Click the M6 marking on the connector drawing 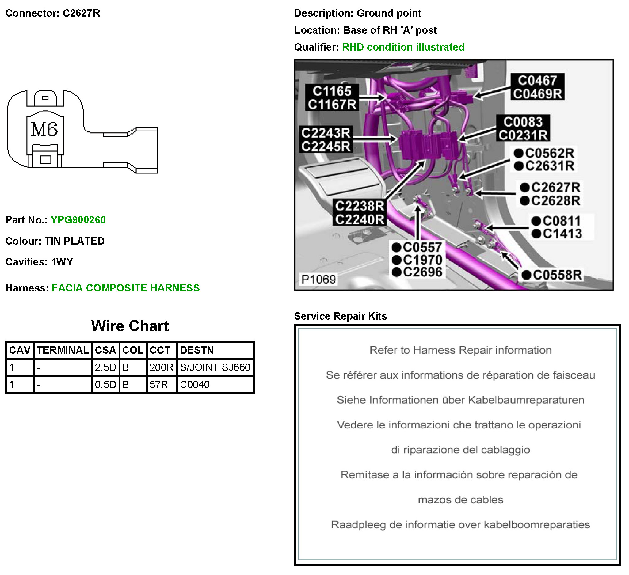coord(45,129)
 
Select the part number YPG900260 coord(78,220)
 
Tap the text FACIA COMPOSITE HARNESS coord(126,288)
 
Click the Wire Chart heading coord(130,326)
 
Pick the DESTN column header coord(197,350)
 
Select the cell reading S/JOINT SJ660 coord(215,367)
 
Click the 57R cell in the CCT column coord(158,385)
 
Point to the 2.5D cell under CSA coord(105,367)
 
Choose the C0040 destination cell coord(195,385)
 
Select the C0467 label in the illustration coord(537,81)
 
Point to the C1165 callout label coord(332,91)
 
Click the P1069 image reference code coord(318,280)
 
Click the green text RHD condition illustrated coord(403,47)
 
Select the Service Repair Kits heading coord(340,316)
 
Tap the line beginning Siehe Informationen coord(460,400)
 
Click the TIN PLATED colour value coord(74,241)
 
